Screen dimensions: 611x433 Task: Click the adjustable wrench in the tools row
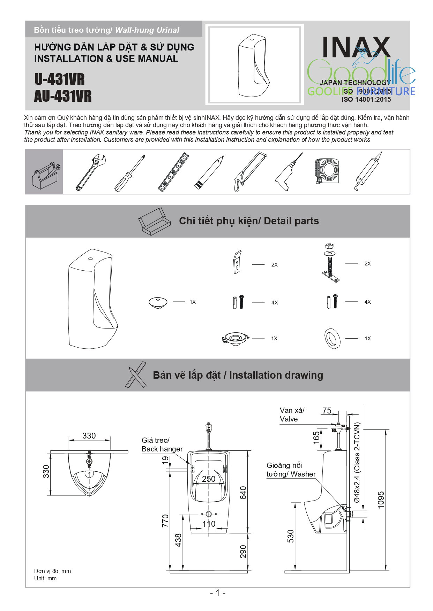click(90, 172)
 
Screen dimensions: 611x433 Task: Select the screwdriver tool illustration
click(129, 173)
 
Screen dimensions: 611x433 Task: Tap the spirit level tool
click(173, 172)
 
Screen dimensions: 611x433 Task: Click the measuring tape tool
click(327, 171)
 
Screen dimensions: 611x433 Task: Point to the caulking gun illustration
click(368, 171)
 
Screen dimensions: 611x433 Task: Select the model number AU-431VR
click(63, 96)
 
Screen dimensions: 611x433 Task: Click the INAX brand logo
click(356, 47)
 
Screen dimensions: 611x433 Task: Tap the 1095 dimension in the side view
click(381, 500)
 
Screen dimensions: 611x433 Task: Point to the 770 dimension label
click(165, 520)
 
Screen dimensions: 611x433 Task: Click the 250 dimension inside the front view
click(209, 479)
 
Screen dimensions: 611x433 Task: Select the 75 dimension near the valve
click(327, 410)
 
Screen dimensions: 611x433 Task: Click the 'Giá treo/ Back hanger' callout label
click(162, 444)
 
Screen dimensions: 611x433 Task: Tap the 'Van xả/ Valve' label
click(292, 415)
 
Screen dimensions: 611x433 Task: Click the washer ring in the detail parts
click(332, 338)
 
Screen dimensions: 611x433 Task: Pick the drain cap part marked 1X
click(158, 302)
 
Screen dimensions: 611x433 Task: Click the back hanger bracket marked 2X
click(237, 262)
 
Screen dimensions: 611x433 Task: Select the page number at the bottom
click(217, 593)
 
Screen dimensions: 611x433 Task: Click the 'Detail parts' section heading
click(249, 221)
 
